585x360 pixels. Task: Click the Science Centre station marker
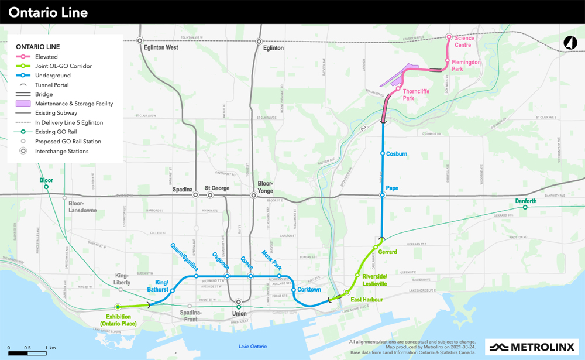[449, 37]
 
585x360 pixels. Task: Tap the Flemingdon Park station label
[466, 65]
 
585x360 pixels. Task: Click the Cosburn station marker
[383, 154]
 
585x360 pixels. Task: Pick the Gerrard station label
[387, 252]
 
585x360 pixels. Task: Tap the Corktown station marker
[294, 290]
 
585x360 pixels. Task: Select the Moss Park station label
[273, 259]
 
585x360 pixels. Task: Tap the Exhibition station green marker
[118, 307]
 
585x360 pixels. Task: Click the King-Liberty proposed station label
[122, 279]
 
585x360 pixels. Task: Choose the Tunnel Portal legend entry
[52, 85]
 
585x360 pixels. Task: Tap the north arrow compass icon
[570, 43]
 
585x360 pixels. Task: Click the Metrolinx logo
[531, 347]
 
